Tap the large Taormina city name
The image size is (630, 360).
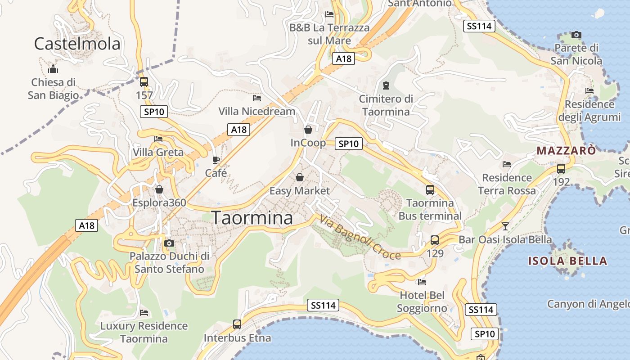252,218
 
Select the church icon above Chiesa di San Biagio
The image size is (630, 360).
53,69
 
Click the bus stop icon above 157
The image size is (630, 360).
144,82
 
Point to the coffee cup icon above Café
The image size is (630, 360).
216,160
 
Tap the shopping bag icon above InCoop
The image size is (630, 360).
308,130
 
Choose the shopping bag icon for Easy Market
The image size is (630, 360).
299,178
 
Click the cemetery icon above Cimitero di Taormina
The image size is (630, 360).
386,85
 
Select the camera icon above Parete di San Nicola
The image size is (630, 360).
576,35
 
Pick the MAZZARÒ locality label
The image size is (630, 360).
566,151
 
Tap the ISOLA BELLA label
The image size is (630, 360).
567,261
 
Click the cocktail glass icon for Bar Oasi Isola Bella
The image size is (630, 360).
505,226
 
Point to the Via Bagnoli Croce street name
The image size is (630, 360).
360,238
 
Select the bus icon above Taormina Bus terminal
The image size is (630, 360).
430,190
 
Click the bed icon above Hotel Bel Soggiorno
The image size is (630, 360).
422,282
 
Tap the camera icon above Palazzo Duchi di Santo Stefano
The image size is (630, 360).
169,243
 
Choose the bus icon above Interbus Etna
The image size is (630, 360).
237,324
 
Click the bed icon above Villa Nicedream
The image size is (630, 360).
257,98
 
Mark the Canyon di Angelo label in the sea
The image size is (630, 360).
588,304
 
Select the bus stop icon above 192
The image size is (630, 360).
561,169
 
